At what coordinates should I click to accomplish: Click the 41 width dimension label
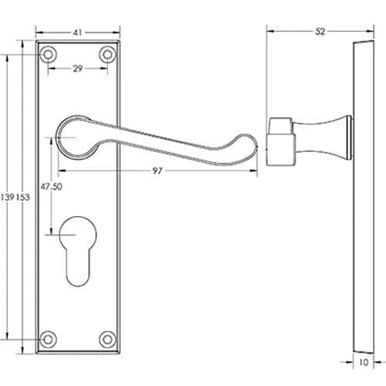coord(78,32)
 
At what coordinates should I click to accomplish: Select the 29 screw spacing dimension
coord(78,69)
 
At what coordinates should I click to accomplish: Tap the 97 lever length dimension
coord(157,171)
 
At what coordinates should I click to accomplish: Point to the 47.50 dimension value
coord(51,187)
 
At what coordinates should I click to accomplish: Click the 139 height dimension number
coord(8,197)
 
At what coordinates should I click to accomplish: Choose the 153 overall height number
coord(23,197)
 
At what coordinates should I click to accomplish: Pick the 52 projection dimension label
coord(320,32)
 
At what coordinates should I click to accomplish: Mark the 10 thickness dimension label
coord(364,362)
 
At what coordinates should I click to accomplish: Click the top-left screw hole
coord(48,55)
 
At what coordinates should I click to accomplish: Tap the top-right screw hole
coord(107,55)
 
